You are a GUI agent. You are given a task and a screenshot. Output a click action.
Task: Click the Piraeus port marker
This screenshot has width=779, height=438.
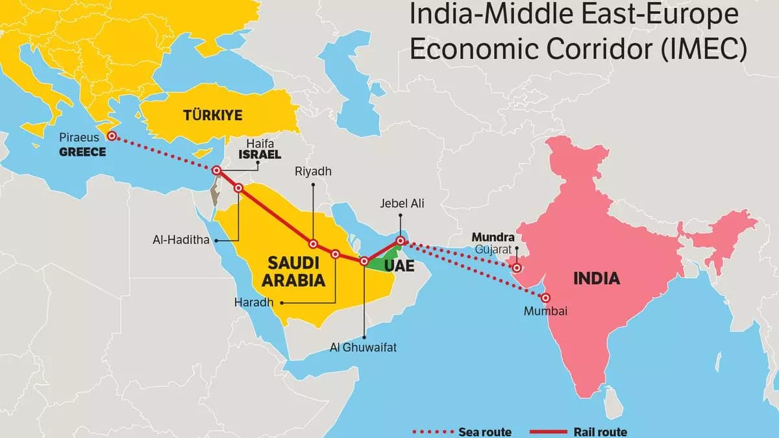click(112, 136)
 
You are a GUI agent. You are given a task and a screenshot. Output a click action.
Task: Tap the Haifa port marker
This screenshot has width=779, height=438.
click(217, 171)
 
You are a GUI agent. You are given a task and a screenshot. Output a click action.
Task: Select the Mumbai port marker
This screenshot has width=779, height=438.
click(546, 298)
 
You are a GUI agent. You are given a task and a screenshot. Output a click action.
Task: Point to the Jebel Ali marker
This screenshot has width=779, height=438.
click(401, 241)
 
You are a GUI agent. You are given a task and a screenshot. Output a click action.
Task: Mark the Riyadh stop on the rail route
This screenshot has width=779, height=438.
click(313, 245)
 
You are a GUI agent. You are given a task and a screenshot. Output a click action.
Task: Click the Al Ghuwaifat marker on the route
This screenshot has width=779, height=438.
click(364, 262)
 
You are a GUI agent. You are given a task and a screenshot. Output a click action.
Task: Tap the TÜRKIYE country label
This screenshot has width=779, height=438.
click(212, 116)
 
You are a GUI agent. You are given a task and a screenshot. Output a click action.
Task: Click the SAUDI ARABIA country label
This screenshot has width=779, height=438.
click(294, 272)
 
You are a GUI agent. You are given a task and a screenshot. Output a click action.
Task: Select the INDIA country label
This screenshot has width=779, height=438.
click(597, 279)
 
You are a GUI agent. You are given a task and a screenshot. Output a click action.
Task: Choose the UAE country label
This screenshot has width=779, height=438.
click(399, 266)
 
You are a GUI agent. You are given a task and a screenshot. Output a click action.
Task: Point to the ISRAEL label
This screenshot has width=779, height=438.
click(260, 155)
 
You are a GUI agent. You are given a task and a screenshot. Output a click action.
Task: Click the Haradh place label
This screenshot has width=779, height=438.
click(254, 302)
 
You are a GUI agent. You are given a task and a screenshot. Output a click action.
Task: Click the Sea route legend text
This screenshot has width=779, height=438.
click(484, 432)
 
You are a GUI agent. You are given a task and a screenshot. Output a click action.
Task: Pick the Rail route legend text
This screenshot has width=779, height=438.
click(600, 432)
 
